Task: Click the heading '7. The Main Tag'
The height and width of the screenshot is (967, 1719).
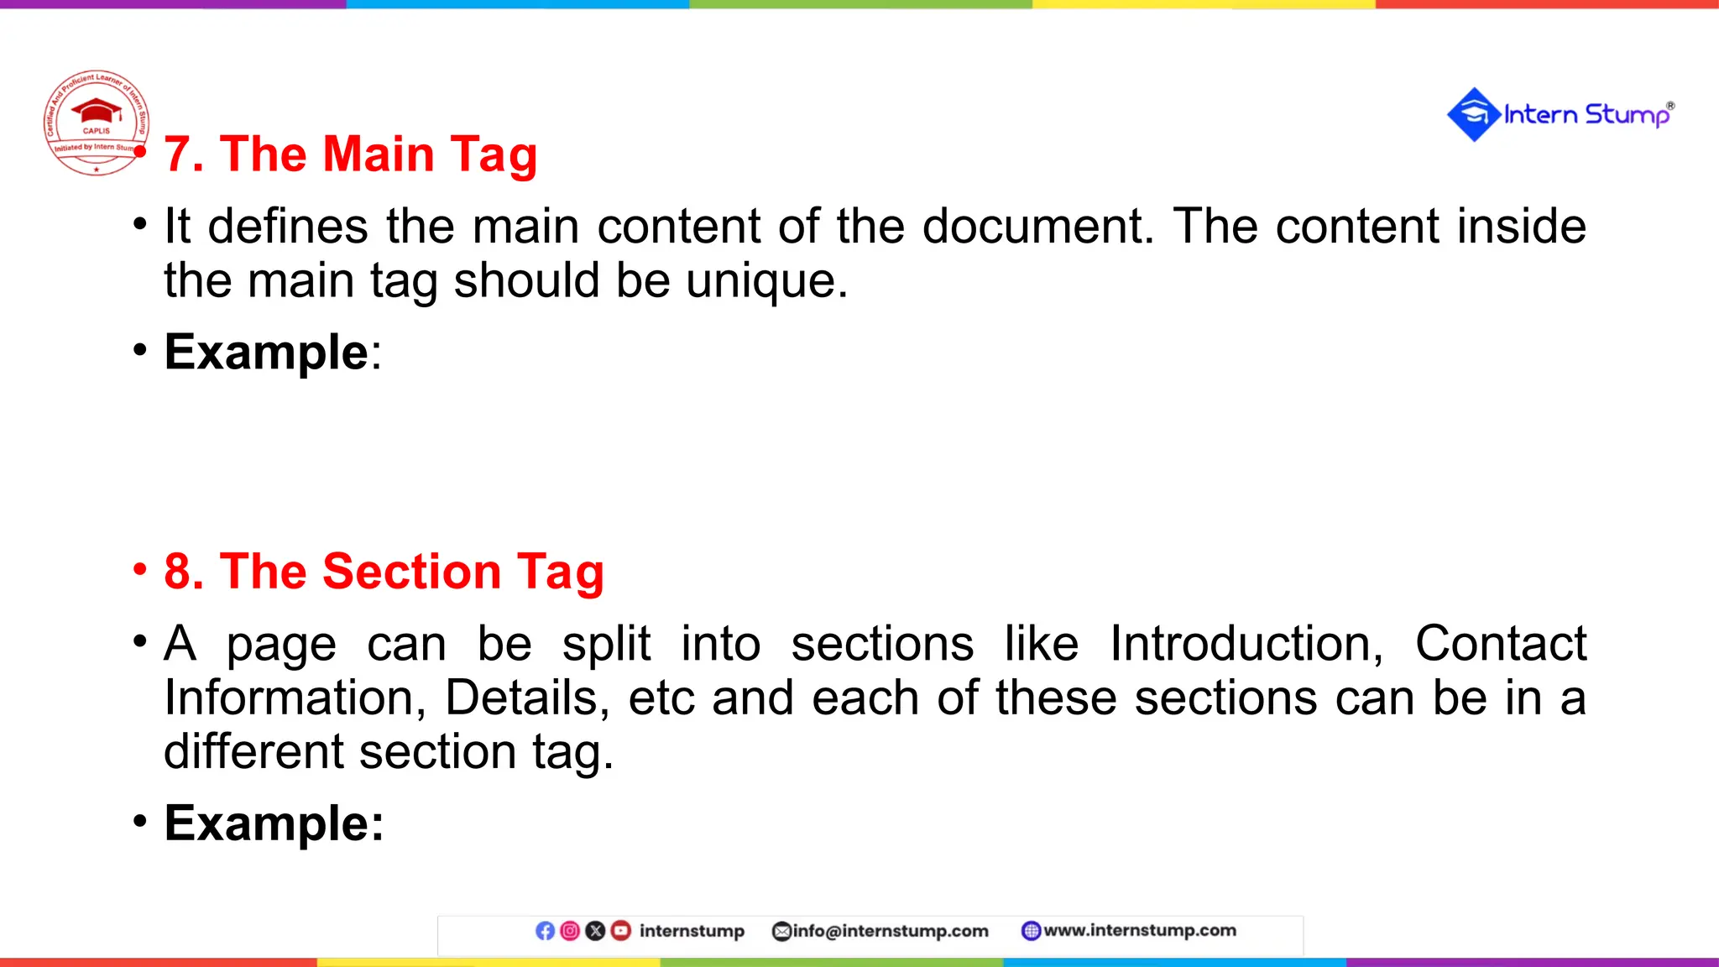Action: (x=350, y=155)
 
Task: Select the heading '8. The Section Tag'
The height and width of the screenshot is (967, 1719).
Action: (x=384, y=572)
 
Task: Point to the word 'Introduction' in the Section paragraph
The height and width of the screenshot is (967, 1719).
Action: (x=1246, y=645)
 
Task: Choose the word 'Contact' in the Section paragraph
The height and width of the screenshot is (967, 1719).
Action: (x=1500, y=645)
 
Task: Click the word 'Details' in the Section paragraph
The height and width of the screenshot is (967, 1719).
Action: (x=526, y=698)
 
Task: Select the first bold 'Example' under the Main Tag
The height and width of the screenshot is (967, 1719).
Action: (x=266, y=353)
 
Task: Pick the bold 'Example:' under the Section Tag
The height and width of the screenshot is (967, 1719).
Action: (x=274, y=823)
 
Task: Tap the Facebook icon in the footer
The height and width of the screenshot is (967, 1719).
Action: (x=545, y=931)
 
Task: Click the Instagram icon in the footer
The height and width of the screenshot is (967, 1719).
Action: (x=570, y=931)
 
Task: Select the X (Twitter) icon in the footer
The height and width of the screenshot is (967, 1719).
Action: (x=595, y=931)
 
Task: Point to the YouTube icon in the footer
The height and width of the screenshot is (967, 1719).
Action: (x=620, y=931)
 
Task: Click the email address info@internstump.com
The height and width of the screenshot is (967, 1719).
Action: (x=890, y=931)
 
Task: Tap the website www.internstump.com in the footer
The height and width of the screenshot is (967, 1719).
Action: (x=1139, y=930)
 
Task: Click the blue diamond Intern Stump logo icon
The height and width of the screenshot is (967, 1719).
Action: (x=1473, y=115)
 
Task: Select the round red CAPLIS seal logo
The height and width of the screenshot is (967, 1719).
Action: (x=97, y=123)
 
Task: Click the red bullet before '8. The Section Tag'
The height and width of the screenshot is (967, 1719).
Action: (x=139, y=570)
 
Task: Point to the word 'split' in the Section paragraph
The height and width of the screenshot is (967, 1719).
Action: (x=606, y=645)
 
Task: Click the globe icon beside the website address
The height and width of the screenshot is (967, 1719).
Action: (x=1031, y=931)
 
